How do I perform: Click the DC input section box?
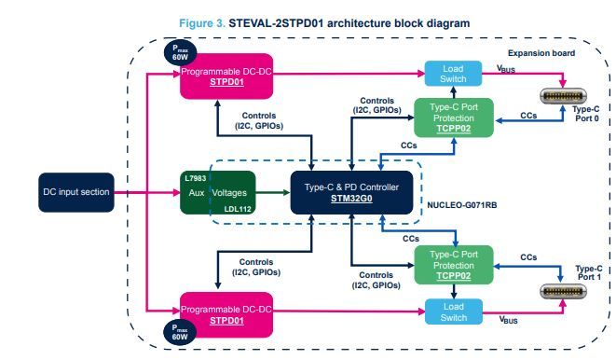(75, 193)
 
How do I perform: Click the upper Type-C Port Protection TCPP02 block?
(453, 118)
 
